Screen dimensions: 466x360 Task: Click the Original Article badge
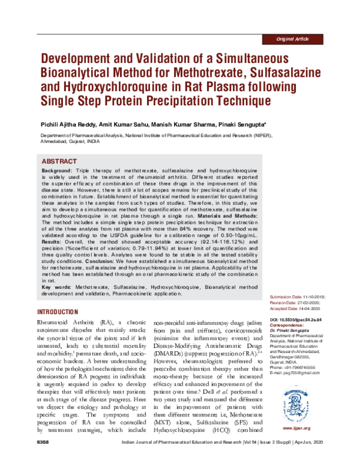pyautogui.click(x=293, y=39)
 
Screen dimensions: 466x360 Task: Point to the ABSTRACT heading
pyautogui.click(x=61, y=162)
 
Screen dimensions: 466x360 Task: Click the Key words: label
pyautogui.click(x=56, y=288)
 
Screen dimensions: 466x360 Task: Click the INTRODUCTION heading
pyautogui.click(x=58, y=313)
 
